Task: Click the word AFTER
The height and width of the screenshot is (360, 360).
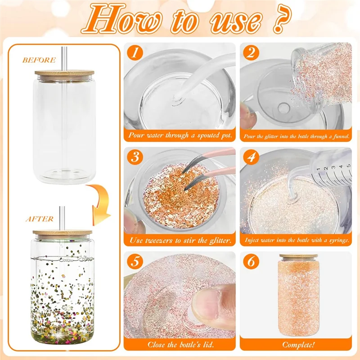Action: pyautogui.click(x=39, y=219)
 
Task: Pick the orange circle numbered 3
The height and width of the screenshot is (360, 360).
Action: pyautogui.click(x=135, y=158)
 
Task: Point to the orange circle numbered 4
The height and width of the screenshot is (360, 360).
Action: pyautogui.click(x=251, y=158)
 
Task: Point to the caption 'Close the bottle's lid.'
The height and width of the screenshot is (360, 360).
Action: pyautogui.click(x=180, y=345)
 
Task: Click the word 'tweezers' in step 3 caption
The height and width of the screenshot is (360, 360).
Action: pyautogui.click(x=166, y=241)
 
